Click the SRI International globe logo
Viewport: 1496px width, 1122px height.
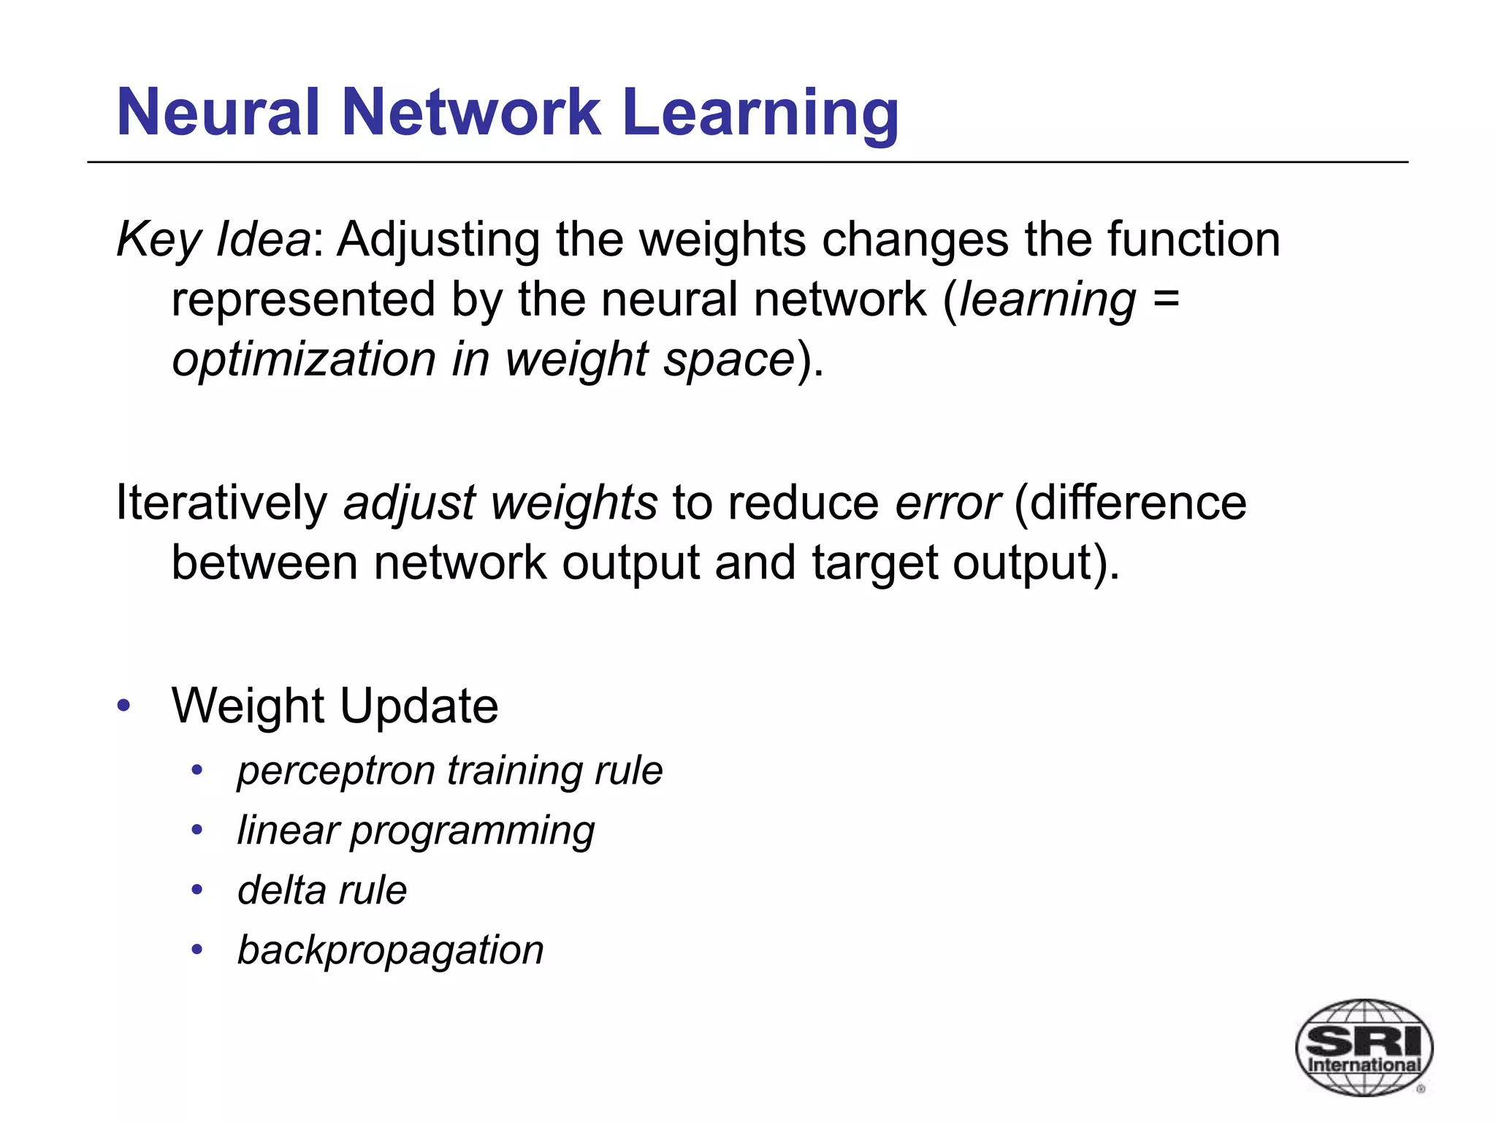coord(1363,1047)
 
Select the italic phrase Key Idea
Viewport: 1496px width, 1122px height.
coord(213,240)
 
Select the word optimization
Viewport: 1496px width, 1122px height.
coord(304,359)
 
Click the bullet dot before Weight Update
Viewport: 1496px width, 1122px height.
coord(123,706)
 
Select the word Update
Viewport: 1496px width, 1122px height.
coord(419,706)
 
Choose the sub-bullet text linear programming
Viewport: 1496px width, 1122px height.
coord(416,831)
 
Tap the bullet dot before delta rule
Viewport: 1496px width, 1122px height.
coord(196,890)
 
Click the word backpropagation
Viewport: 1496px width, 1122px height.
coord(391,950)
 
